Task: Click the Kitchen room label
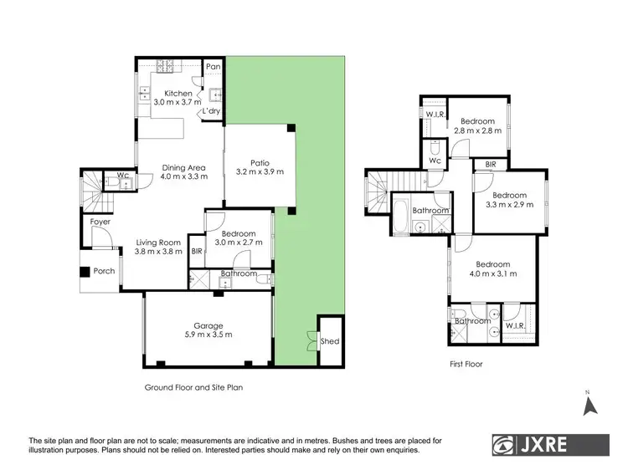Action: tap(178, 93)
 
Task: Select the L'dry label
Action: tap(210, 111)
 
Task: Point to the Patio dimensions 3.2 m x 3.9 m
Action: tap(260, 172)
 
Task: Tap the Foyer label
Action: tap(100, 222)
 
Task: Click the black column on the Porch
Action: tap(85, 272)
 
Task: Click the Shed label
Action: tap(330, 341)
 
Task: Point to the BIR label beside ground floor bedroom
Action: tap(197, 250)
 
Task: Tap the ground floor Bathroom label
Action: tap(238, 273)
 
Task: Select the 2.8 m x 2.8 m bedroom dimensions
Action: tap(478, 130)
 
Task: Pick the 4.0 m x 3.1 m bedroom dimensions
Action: tap(493, 273)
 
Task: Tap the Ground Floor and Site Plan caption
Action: tap(194, 387)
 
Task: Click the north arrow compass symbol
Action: tap(589, 405)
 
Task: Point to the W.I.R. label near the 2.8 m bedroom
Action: tap(435, 115)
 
